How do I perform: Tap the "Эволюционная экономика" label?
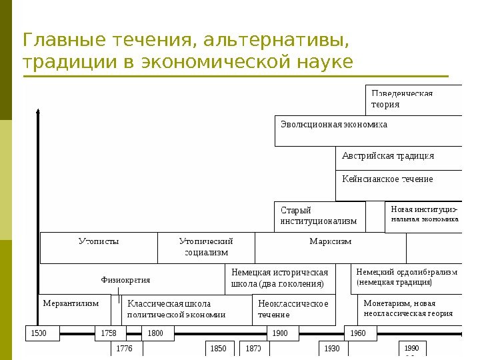click(334, 125)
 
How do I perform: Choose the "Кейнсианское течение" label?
click(387, 179)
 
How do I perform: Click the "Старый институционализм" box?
click(319, 216)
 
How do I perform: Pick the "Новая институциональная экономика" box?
click(423, 217)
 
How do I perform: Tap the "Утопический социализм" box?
click(206, 247)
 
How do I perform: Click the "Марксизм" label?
click(330, 241)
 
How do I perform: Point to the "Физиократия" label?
click(125, 280)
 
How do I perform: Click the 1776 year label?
click(125, 348)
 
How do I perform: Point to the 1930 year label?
click(331, 348)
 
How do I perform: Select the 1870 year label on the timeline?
click(253, 348)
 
